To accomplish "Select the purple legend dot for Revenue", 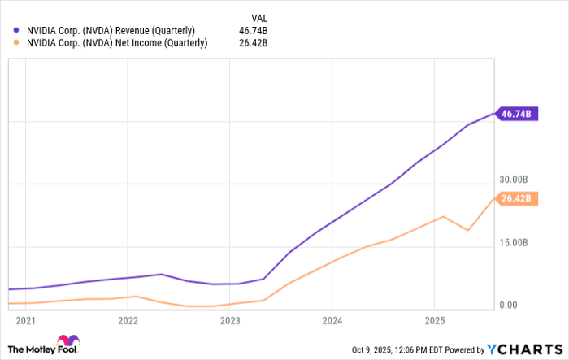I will (16, 31).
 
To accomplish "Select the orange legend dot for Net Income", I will (16, 44).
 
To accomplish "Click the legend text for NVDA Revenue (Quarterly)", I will (109, 31).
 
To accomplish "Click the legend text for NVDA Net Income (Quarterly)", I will (115, 44).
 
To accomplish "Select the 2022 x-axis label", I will (128, 320).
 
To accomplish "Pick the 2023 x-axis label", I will (230, 320).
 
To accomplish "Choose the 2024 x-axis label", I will (332, 320).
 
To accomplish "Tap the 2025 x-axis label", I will (435, 320).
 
